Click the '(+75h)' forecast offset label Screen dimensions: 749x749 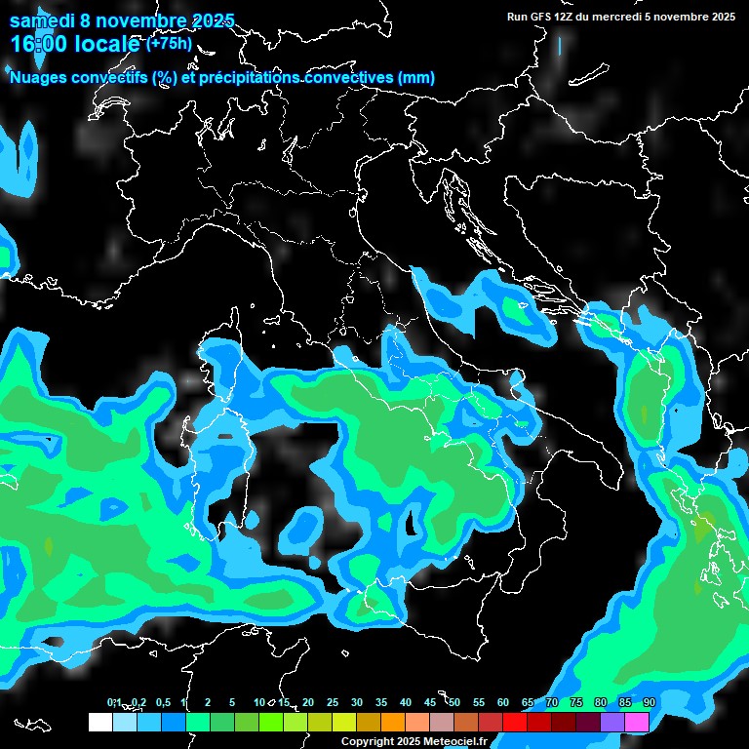[x=169, y=43]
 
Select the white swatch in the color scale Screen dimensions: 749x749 [x=99, y=723]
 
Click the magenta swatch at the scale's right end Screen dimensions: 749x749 [x=637, y=723]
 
